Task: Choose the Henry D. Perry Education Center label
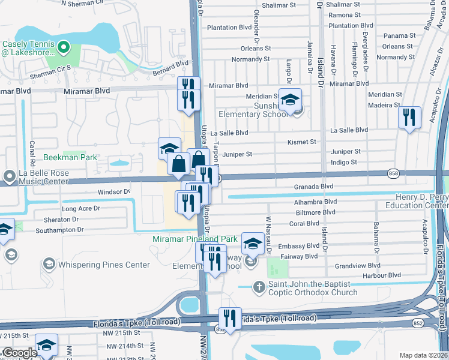(x=421, y=201)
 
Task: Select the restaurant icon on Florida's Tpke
(x=229, y=318)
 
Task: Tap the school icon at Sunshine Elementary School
(x=291, y=100)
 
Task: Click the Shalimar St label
(x=344, y=4)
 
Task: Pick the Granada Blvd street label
(x=313, y=187)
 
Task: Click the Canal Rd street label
(x=32, y=155)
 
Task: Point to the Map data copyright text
(x=423, y=355)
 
